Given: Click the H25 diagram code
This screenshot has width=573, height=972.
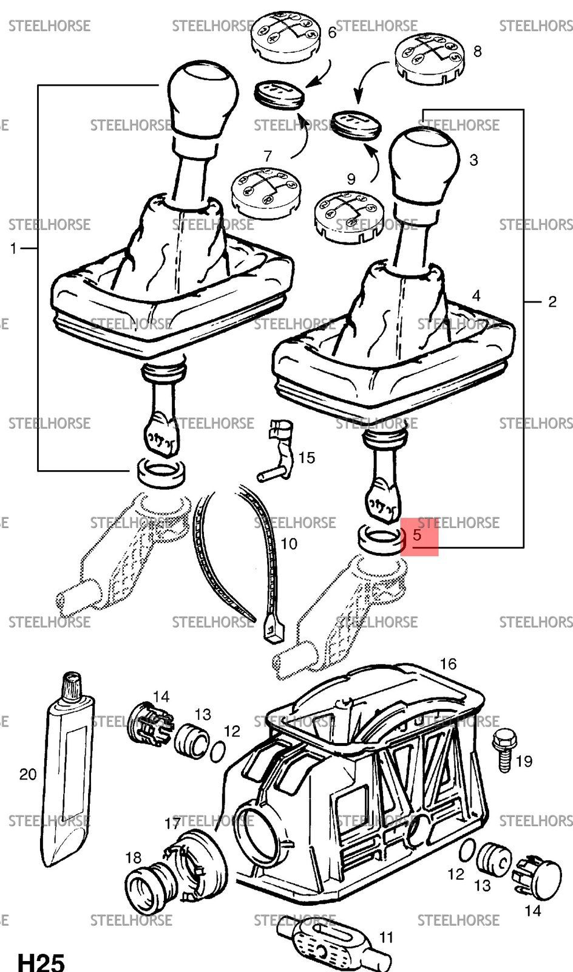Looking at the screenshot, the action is (x=41, y=961).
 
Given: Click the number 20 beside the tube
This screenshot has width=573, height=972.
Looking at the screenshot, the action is (x=28, y=774).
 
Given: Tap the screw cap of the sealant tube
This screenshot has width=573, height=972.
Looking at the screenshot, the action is (x=72, y=685).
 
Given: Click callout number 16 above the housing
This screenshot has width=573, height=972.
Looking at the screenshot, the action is (x=448, y=663).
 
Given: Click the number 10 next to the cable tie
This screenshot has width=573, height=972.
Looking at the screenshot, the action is (x=289, y=544).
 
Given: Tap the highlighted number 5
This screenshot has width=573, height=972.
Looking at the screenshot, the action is (x=417, y=535).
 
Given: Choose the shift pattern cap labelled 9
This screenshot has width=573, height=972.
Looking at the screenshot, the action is (x=349, y=216).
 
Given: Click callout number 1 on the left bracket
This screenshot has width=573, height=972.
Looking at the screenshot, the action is (x=13, y=248).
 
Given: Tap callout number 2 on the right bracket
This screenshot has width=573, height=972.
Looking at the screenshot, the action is (x=552, y=301).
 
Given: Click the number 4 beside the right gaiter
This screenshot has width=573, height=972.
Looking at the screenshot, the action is (x=476, y=296).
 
